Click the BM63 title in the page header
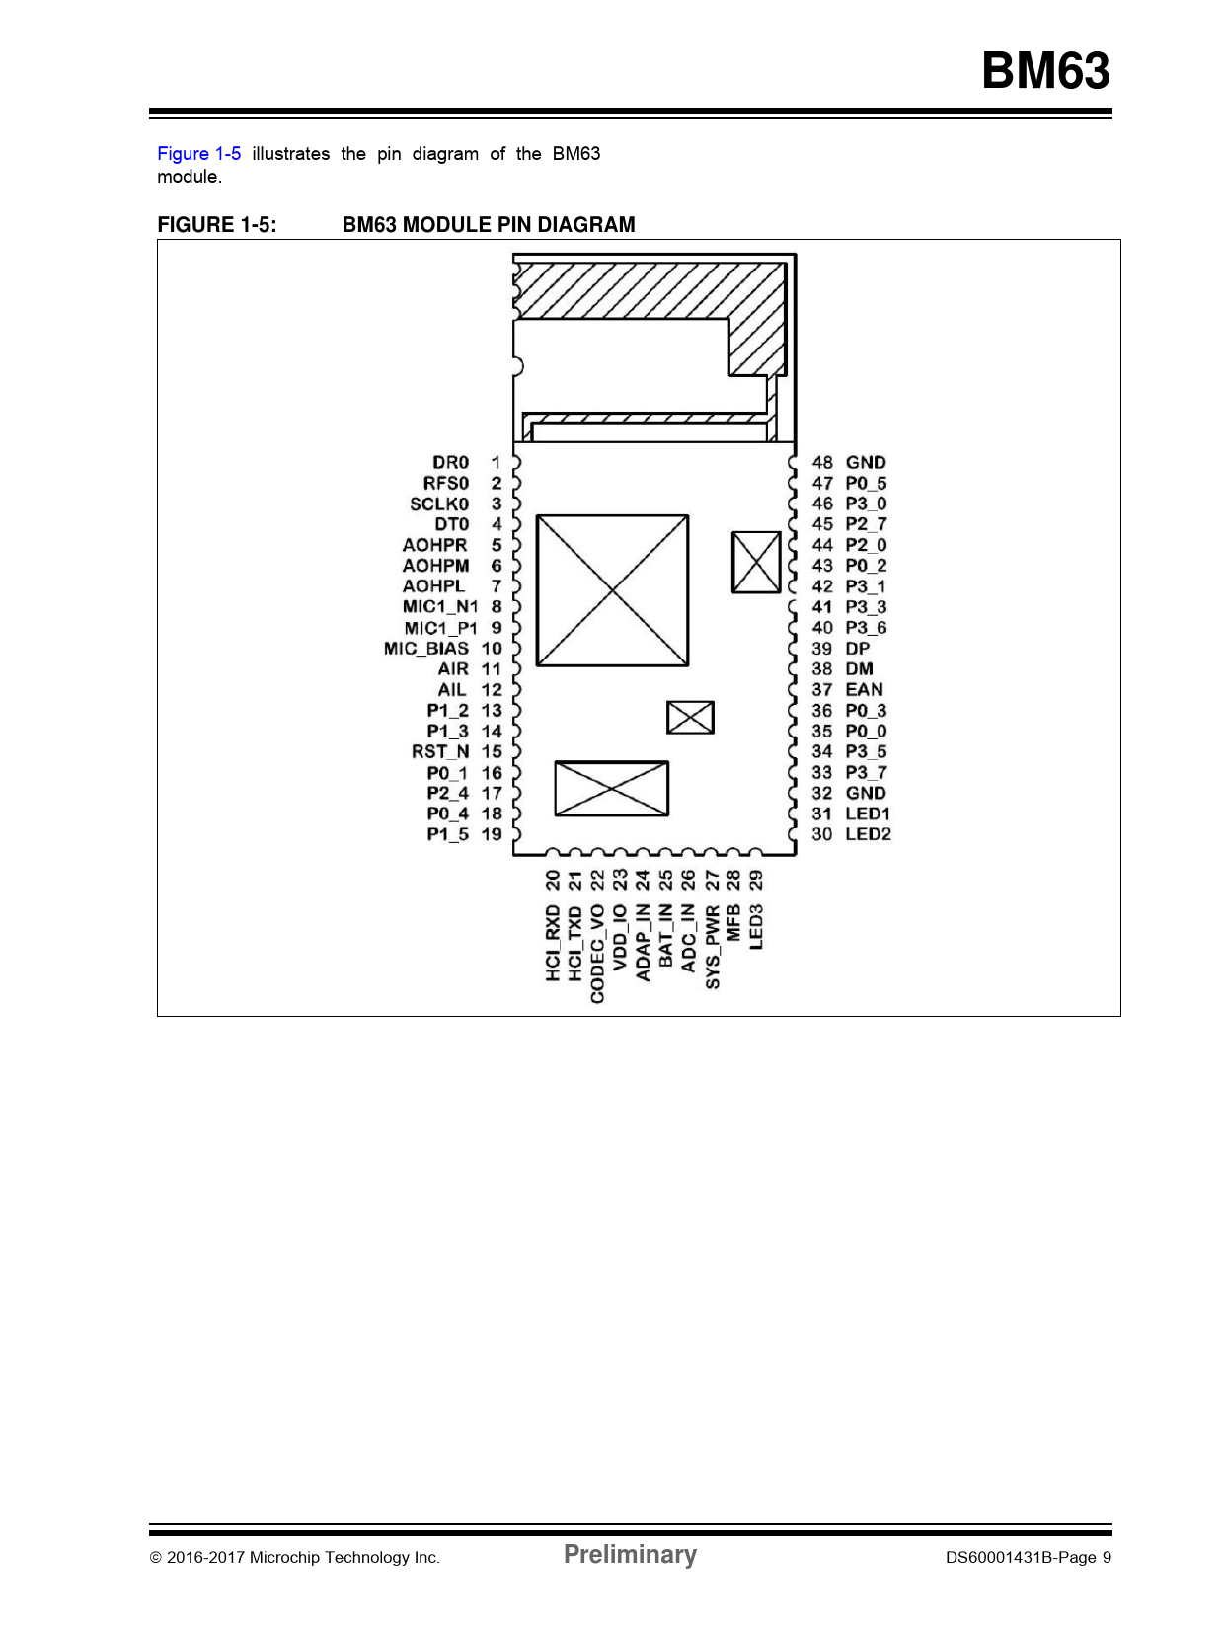pos(1045,71)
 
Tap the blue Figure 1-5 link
pos(198,154)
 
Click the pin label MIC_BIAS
pos(425,649)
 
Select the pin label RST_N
pos(440,751)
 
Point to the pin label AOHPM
pos(435,566)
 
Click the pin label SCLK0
pos(439,504)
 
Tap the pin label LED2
pos(868,834)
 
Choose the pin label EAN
pos(865,689)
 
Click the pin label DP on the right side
pos(858,649)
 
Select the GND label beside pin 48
pos(866,462)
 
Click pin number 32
pos(822,793)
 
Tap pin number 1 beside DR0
pos(496,462)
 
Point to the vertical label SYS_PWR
pos(712,947)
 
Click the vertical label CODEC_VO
pos(597,954)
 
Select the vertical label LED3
pos(756,927)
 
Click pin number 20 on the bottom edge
pos(552,881)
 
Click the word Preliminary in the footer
pos(630,1553)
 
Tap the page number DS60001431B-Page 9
pos(1029,1557)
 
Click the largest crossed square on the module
pos(612,590)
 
